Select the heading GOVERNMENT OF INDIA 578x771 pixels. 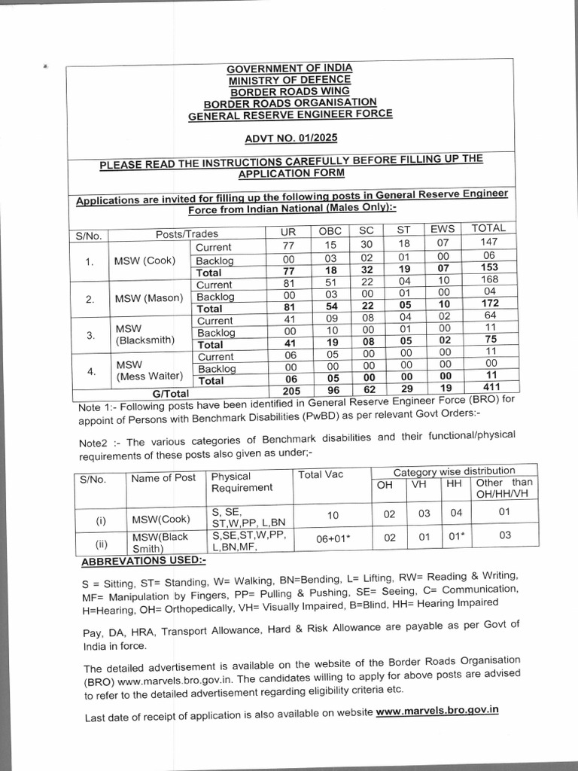tap(290, 68)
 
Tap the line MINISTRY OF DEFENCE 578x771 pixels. tap(290, 79)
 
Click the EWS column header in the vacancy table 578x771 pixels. tap(443, 229)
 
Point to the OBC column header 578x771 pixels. tap(330, 230)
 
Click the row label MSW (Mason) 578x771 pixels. tap(149, 298)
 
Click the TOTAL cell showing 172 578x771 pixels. tap(490, 303)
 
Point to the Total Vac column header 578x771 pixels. tap(321, 475)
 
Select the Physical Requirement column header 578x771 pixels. tap(242, 482)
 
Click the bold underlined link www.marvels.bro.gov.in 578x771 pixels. tap(437, 710)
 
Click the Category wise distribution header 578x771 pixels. tap(455, 471)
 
